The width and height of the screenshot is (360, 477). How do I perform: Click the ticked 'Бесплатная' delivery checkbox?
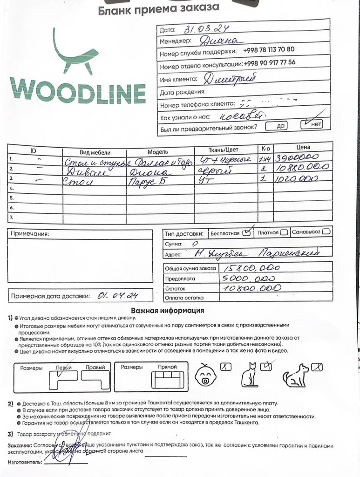247,232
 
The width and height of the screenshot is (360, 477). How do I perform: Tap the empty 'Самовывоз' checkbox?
326,232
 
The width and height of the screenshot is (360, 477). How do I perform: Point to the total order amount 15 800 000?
251,268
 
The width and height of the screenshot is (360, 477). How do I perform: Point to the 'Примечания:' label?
30,233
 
